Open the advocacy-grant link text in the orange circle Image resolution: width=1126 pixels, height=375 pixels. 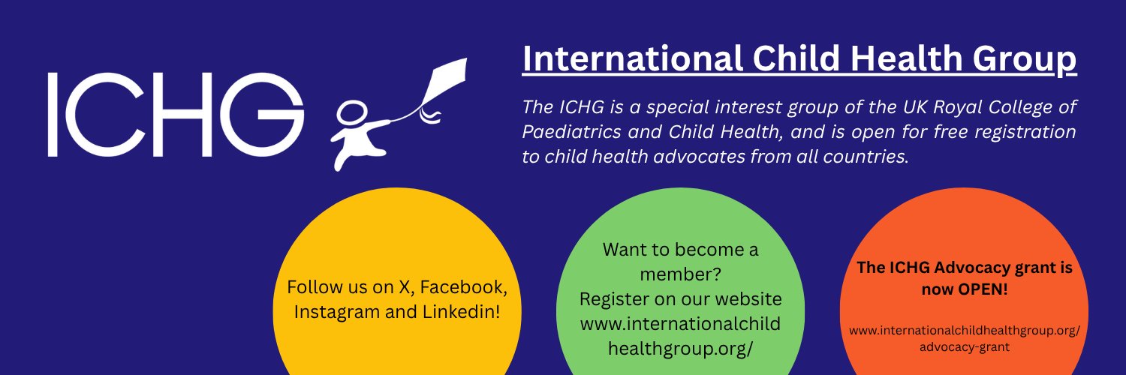964,347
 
